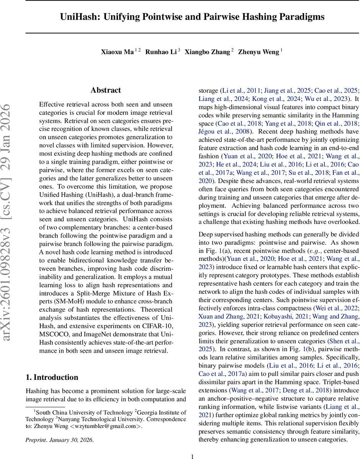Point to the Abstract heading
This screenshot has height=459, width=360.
pyautogui.click(x=106, y=90)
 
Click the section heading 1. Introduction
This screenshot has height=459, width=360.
pyautogui.click(x=52, y=378)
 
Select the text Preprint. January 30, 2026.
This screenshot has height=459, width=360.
pyautogui.click(x=59, y=439)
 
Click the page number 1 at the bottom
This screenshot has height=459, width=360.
pyautogui.click(x=193, y=456)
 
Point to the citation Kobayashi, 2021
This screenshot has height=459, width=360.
pyautogui.click(x=275, y=316)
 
